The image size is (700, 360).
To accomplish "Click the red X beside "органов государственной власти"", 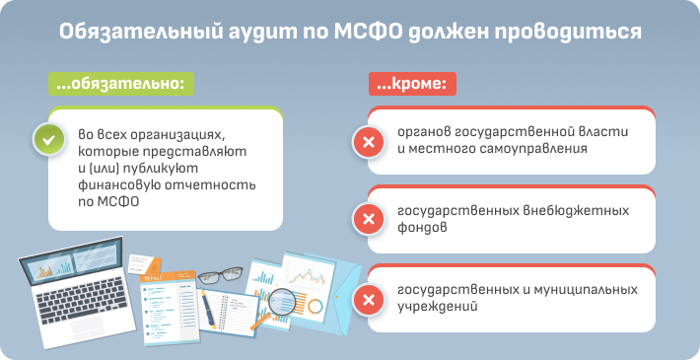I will tap(368, 144).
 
